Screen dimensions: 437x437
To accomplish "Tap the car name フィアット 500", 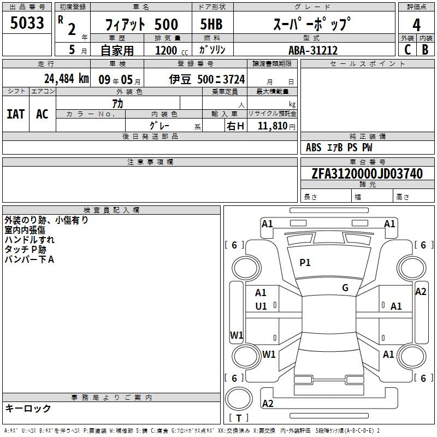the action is pos(142,25).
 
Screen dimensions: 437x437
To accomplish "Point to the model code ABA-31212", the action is pos(313,50).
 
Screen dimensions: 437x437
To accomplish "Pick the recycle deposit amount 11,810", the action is pos(273,126).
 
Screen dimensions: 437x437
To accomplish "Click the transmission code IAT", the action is pos(15,114).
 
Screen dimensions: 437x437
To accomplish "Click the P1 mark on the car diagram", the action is pos(305,263).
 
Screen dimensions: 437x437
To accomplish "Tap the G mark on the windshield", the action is pos(345,287).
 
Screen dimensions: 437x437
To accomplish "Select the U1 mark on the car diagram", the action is pos(261,306).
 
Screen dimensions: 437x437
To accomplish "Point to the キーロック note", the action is pos(28,409).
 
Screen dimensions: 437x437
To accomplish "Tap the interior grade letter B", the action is pos(425,50).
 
